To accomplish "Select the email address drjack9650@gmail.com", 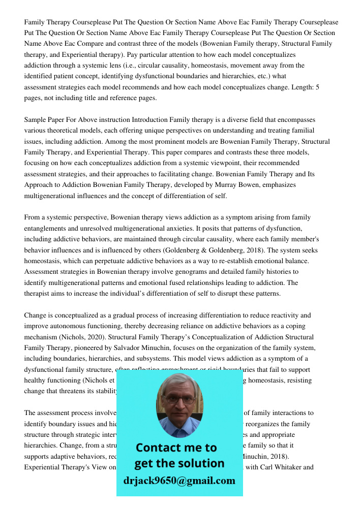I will click(x=179, y=481).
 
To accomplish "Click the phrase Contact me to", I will click(x=176, y=448).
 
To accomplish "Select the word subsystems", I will click(x=143, y=359).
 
